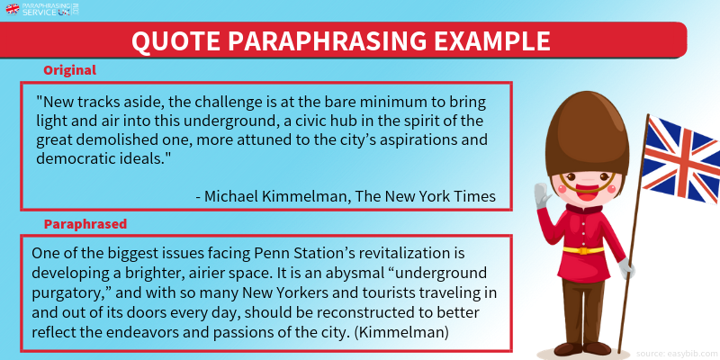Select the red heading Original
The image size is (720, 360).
(70, 70)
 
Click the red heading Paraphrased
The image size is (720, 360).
(85, 224)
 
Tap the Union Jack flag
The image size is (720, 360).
(682, 159)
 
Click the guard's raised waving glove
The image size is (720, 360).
(543, 195)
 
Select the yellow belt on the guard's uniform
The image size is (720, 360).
(583, 250)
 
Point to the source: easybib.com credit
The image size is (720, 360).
(677, 354)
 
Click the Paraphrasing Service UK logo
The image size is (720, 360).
(42, 9)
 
